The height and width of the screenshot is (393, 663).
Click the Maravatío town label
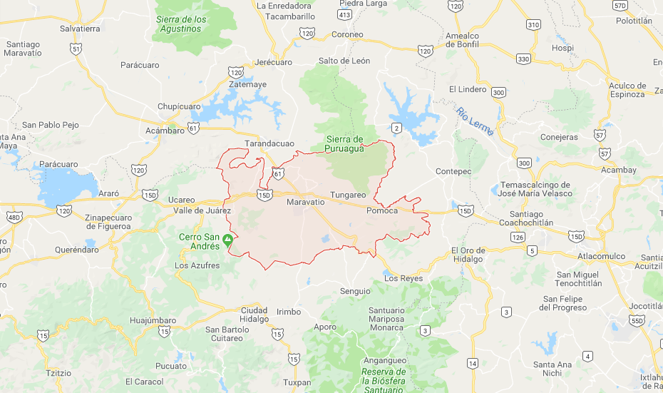[x=305, y=203]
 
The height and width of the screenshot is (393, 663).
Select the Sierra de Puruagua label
[x=345, y=143]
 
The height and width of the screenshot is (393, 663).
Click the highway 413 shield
[x=345, y=14]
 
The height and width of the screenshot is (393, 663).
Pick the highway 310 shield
[x=533, y=24]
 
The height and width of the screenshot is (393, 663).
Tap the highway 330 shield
[x=524, y=58]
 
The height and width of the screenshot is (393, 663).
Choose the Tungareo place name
[x=348, y=195]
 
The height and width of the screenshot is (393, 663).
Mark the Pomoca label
[x=381, y=210]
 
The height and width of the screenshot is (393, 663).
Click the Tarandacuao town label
[x=269, y=143]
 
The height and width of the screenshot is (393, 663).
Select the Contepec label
[x=453, y=171]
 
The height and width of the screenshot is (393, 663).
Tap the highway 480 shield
[x=13, y=217]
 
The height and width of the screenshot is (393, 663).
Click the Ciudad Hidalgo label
[x=255, y=315]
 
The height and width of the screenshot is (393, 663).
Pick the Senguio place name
[x=355, y=290]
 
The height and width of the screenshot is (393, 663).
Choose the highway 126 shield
[x=518, y=236]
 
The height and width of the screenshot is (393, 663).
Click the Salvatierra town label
[x=80, y=29]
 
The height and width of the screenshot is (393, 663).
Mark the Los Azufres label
[x=199, y=265]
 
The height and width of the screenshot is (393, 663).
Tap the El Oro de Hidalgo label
[x=468, y=255]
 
